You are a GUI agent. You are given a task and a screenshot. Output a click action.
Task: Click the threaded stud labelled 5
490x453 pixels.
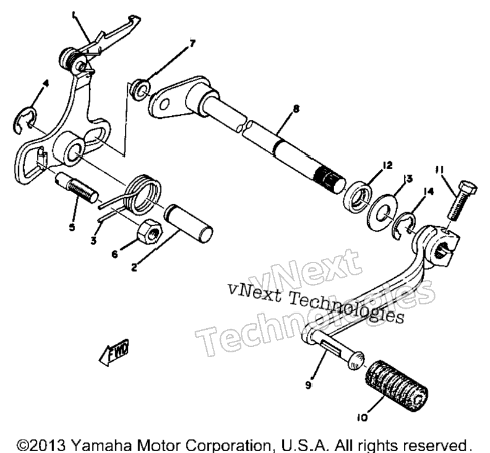76,189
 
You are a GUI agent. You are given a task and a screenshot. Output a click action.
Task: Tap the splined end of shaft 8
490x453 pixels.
330,179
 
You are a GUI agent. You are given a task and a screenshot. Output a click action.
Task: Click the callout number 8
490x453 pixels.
296,109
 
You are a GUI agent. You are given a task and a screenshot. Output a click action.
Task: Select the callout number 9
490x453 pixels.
309,386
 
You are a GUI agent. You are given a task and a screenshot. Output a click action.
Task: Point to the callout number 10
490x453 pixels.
362,418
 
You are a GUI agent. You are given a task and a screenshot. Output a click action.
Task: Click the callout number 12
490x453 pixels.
387,165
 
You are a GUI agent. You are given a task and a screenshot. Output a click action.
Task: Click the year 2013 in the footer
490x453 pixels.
47,445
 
